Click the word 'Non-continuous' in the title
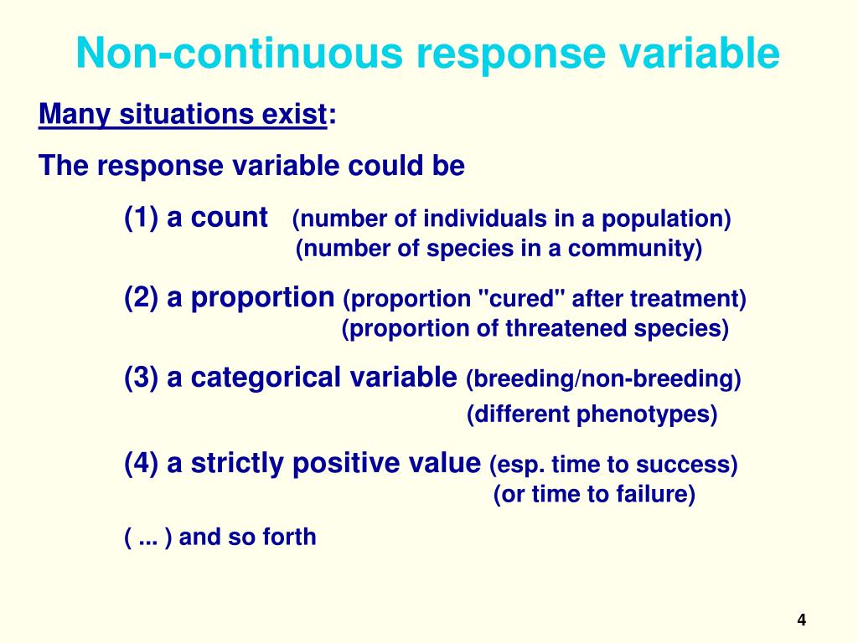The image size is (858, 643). point(240,53)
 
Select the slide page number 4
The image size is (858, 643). point(802,620)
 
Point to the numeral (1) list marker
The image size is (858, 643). point(141,217)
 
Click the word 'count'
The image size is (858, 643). point(229,218)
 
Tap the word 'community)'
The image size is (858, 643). point(635,249)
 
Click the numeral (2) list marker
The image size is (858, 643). point(141,297)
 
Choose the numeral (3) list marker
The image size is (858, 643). point(141,378)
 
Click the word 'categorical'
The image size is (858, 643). point(266,378)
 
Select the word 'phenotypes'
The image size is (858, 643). point(647,414)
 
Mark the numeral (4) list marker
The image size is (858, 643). point(141,463)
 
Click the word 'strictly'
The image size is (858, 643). point(237,464)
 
